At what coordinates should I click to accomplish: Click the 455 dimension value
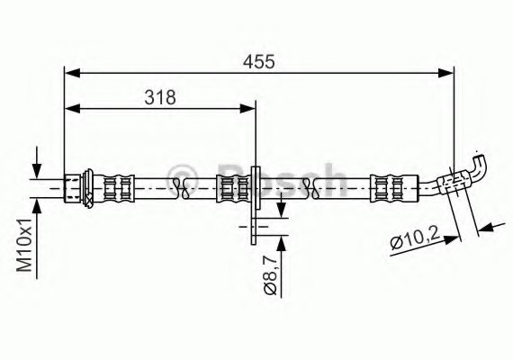pos(259,61)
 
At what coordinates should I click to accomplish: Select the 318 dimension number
pos(160,97)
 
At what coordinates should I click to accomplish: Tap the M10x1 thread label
pos(24,245)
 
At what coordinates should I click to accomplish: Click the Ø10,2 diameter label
pos(415,240)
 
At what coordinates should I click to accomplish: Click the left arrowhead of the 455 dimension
pos(72,73)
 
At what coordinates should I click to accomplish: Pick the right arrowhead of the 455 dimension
pos(445,73)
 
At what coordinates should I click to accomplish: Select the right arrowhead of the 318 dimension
pos(247,109)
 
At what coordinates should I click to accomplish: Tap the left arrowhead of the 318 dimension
pos(72,109)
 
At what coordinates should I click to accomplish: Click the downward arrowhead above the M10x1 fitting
pos(37,171)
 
